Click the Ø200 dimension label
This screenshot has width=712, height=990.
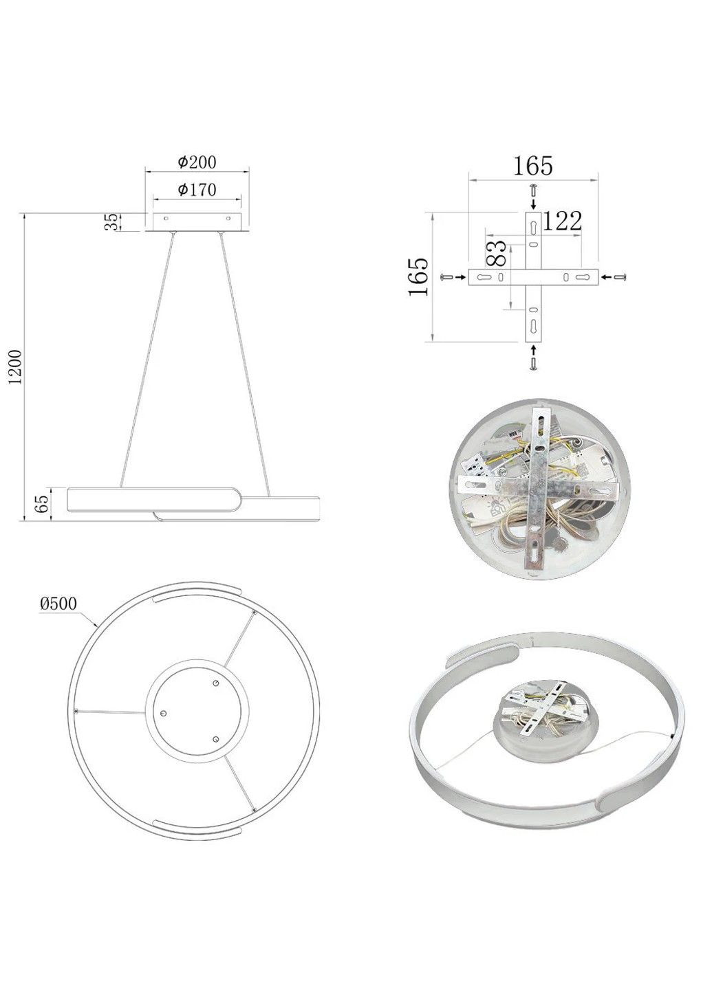197,162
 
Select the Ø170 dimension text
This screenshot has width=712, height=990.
197,190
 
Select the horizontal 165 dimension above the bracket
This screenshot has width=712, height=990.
532,166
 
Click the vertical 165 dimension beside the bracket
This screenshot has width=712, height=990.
418,277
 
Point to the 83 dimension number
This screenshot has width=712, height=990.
496,253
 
